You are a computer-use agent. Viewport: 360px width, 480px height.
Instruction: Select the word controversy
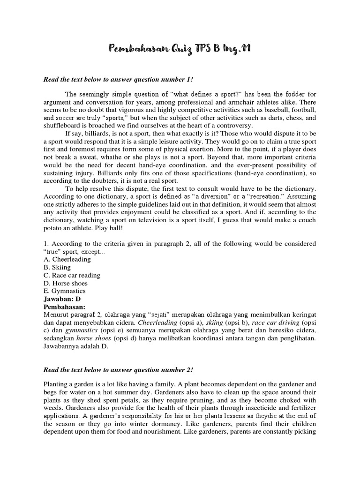(x=232, y=125)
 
